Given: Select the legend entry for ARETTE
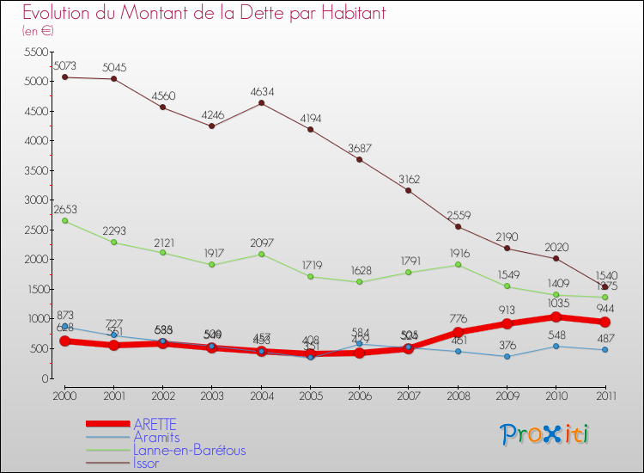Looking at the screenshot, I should pyautogui.click(x=155, y=424).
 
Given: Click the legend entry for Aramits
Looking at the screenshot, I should pyautogui.click(x=156, y=437).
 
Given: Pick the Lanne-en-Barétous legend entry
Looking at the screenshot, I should pyautogui.click(x=189, y=450).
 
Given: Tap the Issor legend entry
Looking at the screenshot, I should pyautogui.click(x=146, y=463).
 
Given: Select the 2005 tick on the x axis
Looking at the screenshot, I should pyautogui.click(x=310, y=395).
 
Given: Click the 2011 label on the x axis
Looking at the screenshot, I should pyautogui.click(x=605, y=395).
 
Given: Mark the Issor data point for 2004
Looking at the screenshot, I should pyautogui.click(x=261, y=103).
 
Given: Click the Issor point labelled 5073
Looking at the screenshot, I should pyautogui.click(x=64, y=77).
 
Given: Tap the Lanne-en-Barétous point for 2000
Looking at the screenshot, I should pyautogui.click(x=64, y=221).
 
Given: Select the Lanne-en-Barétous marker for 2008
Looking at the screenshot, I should pyautogui.click(x=458, y=265).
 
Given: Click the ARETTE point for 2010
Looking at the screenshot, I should pyautogui.click(x=556, y=317).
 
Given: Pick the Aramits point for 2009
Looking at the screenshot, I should pyautogui.click(x=507, y=356).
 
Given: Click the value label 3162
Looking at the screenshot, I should pyautogui.click(x=409, y=179).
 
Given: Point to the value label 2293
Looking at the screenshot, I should pyautogui.click(x=113, y=230).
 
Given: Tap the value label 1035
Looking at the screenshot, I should pyautogui.click(x=556, y=304).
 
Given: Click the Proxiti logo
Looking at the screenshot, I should pyautogui.click(x=546, y=434).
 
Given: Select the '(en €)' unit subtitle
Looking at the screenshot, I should pyautogui.click(x=39, y=31).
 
